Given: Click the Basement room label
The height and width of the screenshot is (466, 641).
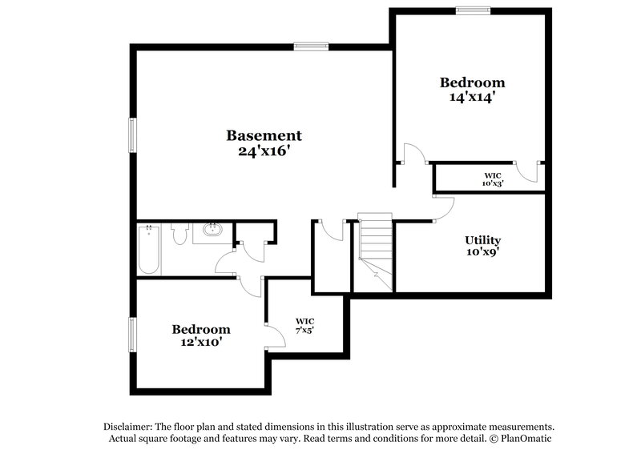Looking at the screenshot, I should point(264,135).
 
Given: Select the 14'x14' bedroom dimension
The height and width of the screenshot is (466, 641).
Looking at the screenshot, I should point(473,98).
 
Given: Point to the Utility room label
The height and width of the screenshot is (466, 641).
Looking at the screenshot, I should point(483,240).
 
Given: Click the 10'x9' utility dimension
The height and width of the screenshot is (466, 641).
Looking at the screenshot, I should point(483,254).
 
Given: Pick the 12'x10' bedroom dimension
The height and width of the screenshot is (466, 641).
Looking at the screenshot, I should point(201,343).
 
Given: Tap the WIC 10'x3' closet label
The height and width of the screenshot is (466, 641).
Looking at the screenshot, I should point(493,179).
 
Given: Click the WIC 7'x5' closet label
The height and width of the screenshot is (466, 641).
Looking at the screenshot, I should point(304,324).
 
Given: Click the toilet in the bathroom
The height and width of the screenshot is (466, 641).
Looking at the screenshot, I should point(179,234).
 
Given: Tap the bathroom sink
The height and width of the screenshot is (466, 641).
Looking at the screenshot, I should point(213,231).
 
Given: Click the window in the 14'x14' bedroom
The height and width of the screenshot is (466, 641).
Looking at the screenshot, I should point(473,10).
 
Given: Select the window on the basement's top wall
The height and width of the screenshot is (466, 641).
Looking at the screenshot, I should point(310,46).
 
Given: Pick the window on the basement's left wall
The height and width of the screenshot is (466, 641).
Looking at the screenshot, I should point(133,134).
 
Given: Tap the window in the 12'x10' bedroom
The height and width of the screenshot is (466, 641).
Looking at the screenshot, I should point(133,333).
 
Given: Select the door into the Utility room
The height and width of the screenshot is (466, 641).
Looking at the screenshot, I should point(445,207).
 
